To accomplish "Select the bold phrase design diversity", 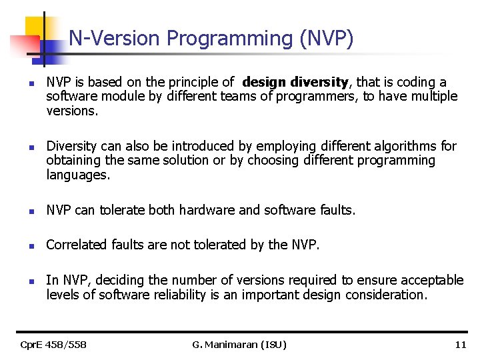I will coord(296,83).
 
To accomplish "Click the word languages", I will coord(78,175).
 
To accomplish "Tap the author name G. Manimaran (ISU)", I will coord(239,345).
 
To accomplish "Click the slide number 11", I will coord(460,345).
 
